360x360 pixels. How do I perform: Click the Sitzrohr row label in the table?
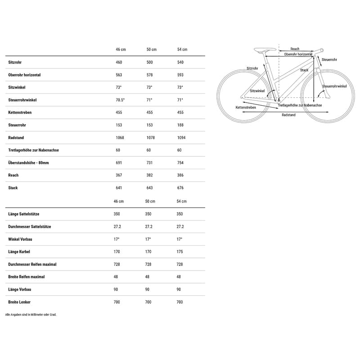pos(15,62)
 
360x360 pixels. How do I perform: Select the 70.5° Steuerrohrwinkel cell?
pos(119,100)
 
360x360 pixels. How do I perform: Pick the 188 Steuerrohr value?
pos(180,125)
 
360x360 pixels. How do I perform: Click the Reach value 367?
pos(118,175)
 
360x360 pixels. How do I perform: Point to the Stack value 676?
pos(180,188)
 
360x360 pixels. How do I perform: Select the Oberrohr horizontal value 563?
pos(118,75)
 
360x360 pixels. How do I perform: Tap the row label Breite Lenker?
pos(19,302)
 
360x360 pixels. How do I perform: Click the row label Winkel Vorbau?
pos(21,239)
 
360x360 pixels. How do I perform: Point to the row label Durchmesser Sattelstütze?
pos(29,226)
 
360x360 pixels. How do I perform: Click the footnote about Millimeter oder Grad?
pos(31,315)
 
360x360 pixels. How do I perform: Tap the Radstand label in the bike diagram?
pos(288,115)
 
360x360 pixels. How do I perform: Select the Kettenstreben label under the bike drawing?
pos(246,108)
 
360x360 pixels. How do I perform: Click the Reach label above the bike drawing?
pos(295,49)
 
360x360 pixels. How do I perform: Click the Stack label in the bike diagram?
pos(304,70)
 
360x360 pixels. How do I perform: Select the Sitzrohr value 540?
pos(180,62)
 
